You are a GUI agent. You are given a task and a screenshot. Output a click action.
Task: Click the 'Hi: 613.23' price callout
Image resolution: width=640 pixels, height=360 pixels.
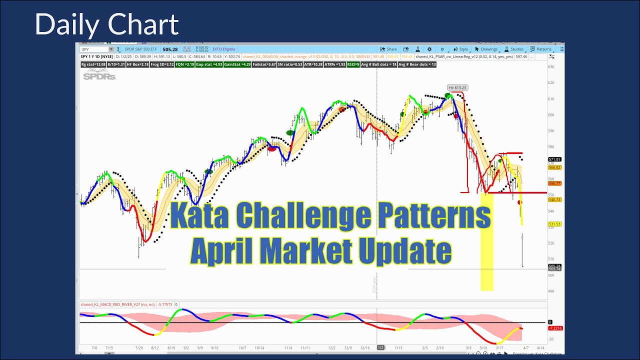click(457, 88)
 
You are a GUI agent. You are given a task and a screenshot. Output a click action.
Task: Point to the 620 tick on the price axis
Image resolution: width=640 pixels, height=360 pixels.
click(551, 83)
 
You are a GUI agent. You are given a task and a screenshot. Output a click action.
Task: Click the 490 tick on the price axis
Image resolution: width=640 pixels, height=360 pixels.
click(551, 291)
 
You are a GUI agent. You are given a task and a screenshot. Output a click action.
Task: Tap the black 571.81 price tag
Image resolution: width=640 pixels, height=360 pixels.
click(554, 159)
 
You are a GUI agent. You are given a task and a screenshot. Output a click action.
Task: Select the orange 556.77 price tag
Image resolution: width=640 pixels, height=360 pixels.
click(554, 183)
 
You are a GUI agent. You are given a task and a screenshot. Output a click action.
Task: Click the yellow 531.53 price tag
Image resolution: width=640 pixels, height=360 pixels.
click(554, 224)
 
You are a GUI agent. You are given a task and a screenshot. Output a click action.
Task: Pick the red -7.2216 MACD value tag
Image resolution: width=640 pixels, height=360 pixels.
click(555, 328)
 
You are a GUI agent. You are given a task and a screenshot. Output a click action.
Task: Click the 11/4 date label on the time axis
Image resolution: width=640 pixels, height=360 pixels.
click(288, 347)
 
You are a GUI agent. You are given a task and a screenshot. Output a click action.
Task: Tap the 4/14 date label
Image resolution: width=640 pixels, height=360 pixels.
click(540, 347)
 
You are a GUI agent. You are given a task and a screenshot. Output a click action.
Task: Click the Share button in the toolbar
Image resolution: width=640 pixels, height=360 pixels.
click(388, 49)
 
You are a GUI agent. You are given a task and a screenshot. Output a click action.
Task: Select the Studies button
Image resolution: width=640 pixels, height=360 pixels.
click(514, 49)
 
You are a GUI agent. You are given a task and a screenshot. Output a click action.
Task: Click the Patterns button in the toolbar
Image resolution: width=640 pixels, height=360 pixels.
click(541, 49)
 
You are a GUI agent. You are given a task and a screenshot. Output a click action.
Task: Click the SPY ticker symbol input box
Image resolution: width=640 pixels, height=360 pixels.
click(97, 49)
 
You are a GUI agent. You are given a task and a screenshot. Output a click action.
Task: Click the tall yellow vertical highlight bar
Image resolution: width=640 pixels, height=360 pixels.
click(486, 240)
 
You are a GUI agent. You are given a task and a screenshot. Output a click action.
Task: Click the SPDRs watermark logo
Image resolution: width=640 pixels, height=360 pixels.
click(99, 75)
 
